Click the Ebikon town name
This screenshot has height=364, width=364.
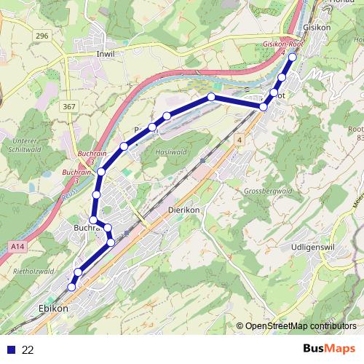(x=52, y=309)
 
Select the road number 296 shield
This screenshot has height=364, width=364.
(x=41, y=36)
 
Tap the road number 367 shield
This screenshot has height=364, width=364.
(x=69, y=107)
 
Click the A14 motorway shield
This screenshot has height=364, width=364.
(x=17, y=248)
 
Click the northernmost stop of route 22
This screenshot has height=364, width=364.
(x=293, y=57)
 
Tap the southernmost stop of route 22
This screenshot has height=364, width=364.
(x=71, y=288)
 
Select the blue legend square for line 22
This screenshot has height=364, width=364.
(x=10, y=349)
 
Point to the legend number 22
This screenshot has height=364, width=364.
(x=28, y=349)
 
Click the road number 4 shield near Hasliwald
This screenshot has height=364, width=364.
(x=240, y=138)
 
